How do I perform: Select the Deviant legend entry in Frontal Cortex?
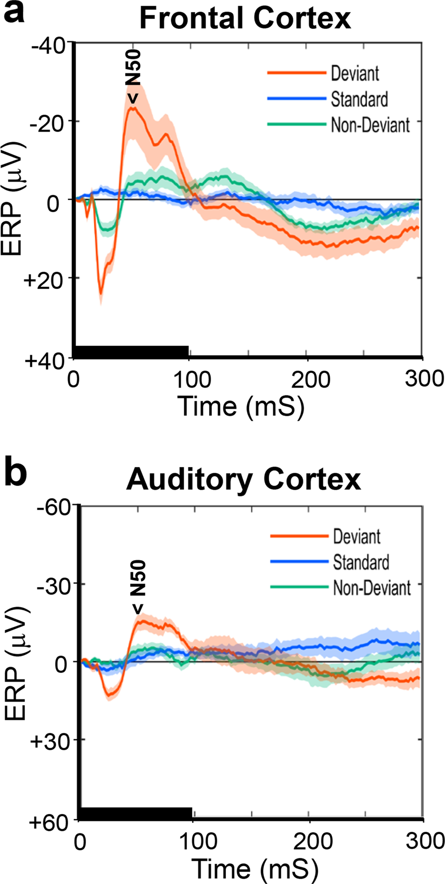point(354,73)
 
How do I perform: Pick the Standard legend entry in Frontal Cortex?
point(359,99)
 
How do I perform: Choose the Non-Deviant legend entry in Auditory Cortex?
point(371,588)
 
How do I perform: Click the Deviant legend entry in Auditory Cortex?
point(357,537)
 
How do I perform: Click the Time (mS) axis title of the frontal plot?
point(241,406)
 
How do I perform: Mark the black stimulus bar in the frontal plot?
point(132,351)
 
